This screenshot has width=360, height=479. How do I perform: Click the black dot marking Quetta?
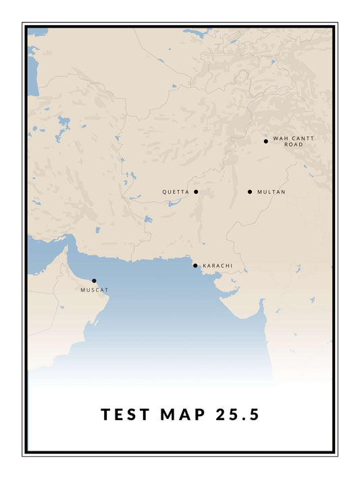196,192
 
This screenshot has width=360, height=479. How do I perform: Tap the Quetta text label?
176,193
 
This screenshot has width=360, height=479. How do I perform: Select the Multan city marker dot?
250,192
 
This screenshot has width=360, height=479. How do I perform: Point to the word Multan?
272,193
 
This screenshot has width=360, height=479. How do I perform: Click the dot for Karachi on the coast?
195,266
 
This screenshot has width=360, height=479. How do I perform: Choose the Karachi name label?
217,266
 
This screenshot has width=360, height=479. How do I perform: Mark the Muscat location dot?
94,280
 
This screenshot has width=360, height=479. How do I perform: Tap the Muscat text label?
95,290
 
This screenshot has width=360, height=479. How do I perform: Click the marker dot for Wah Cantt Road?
265,141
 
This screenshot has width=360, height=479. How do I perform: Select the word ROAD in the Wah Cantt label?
293,145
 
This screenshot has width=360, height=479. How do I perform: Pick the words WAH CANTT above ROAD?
293,138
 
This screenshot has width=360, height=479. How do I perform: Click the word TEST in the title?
126,414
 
